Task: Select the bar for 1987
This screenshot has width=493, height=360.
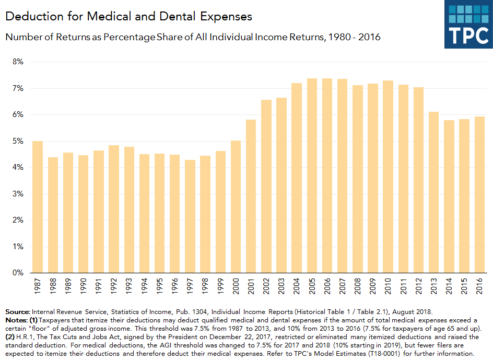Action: click(x=38, y=207)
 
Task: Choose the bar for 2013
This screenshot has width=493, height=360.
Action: click(x=433, y=192)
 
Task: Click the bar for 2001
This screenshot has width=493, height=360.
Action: click(x=251, y=196)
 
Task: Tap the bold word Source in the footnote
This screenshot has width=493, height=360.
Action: click(x=17, y=311)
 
